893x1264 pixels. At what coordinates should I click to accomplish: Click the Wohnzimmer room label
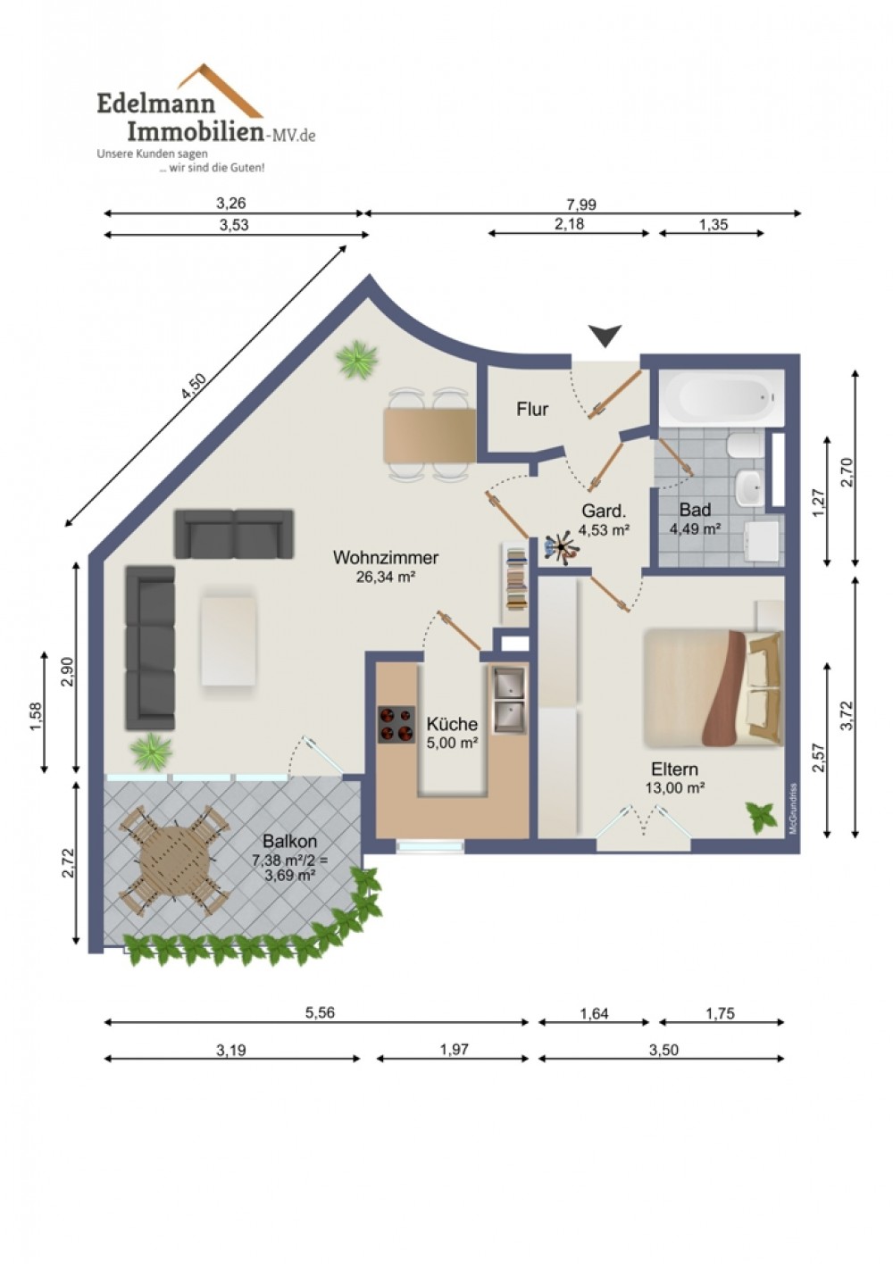[x=386, y=558]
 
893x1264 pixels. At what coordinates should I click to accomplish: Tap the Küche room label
[x=452, y=724]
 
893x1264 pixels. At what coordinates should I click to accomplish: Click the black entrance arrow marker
[x=605, y=336]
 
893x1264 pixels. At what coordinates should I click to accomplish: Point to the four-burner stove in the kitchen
[x=396, y=725]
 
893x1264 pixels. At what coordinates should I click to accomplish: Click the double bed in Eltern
[x=714, y=688]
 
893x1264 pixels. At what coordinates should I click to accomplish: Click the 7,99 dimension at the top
[x=580, y=204]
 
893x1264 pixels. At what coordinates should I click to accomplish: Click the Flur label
[x=531, y=409]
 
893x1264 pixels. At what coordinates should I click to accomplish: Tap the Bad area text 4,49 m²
[x=695, y=529]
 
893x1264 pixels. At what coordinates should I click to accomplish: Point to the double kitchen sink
[x=510, y=700]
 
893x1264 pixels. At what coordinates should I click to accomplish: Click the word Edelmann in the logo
[x=156, y=104]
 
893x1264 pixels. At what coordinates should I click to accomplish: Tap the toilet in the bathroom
[x=745, y=447]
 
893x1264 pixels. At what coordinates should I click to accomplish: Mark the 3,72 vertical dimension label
[x=847, y=715]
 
